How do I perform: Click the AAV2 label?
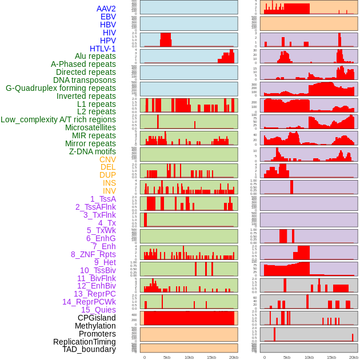tap(106, 9)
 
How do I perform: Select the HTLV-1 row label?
tap(103, 49)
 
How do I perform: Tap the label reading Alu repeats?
tap(95, 56)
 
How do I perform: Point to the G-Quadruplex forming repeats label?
tap(61, 88)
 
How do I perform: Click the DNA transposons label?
tap(85, 80)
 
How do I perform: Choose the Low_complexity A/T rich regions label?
tap(58, 119)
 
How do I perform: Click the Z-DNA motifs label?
tap(93, 151)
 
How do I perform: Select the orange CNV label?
tap(107, 159)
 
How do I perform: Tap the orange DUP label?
tap(107, 175)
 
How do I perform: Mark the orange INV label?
tap(109, 191)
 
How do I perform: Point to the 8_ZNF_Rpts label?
tap(93, 254)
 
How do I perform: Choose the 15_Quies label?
tap(98, 310)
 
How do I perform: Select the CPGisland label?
tap(97, 318)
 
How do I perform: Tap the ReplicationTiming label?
tap(85, 342)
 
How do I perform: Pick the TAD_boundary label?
tap(89, 349)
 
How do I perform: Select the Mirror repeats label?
tap(90, 143)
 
